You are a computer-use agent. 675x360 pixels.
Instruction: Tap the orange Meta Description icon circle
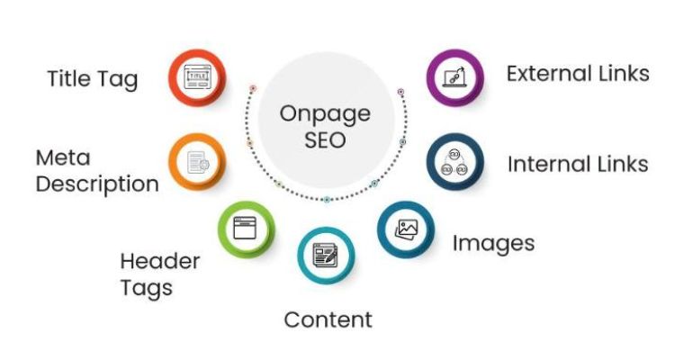click(x=196, y=162)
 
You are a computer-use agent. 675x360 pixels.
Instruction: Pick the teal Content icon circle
click(x=325, y=255)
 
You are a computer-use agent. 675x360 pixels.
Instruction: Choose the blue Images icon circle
click(x=406, y=229)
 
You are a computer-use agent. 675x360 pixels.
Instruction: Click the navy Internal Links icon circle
click(x=454, y=163)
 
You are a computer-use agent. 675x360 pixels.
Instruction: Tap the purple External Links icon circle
click(x=454, y=76)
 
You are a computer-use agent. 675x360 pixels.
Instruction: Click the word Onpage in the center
click(x=325, y=115)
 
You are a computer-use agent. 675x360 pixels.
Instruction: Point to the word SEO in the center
click(x=325, y=140)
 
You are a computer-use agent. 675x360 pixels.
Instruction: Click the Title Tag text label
click(x=93, y=79)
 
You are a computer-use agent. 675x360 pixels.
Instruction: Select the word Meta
click(x=63, y=158)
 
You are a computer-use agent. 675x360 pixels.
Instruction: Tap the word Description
click(x=97, y=184)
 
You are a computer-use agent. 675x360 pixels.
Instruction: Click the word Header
click(x=159, y=262)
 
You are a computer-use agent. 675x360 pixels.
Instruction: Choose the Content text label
click(x=328, y=319)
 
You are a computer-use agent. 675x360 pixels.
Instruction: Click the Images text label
click(x=493, y=243)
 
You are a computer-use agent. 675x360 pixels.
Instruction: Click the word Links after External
click(x=624, y=73)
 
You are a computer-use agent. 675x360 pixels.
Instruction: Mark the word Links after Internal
click(x=622, y=165)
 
